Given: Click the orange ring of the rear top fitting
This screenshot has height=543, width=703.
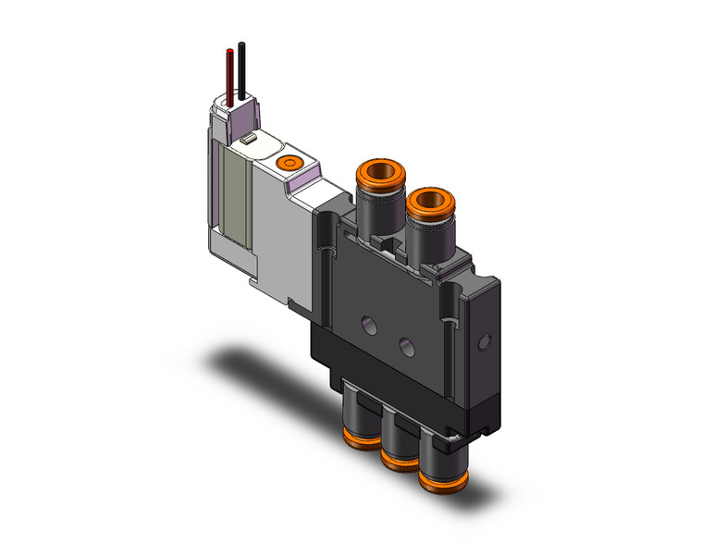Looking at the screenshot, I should point(373,172).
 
